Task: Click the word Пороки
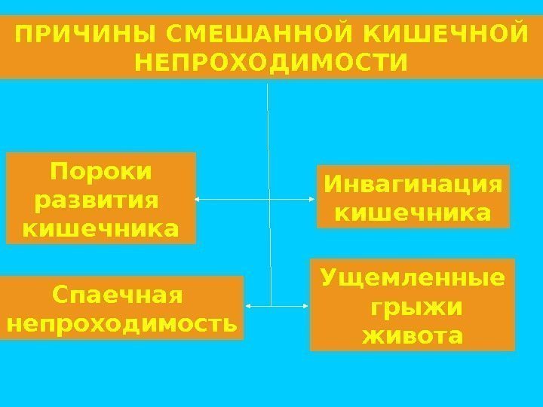tap(101, 173)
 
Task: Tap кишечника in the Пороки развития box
tap(101, 228)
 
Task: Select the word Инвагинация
tap(412, 185)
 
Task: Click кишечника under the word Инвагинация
tap(412, 213)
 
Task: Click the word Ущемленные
tap(412, 278)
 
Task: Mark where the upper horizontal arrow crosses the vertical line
tap(268, 200)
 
